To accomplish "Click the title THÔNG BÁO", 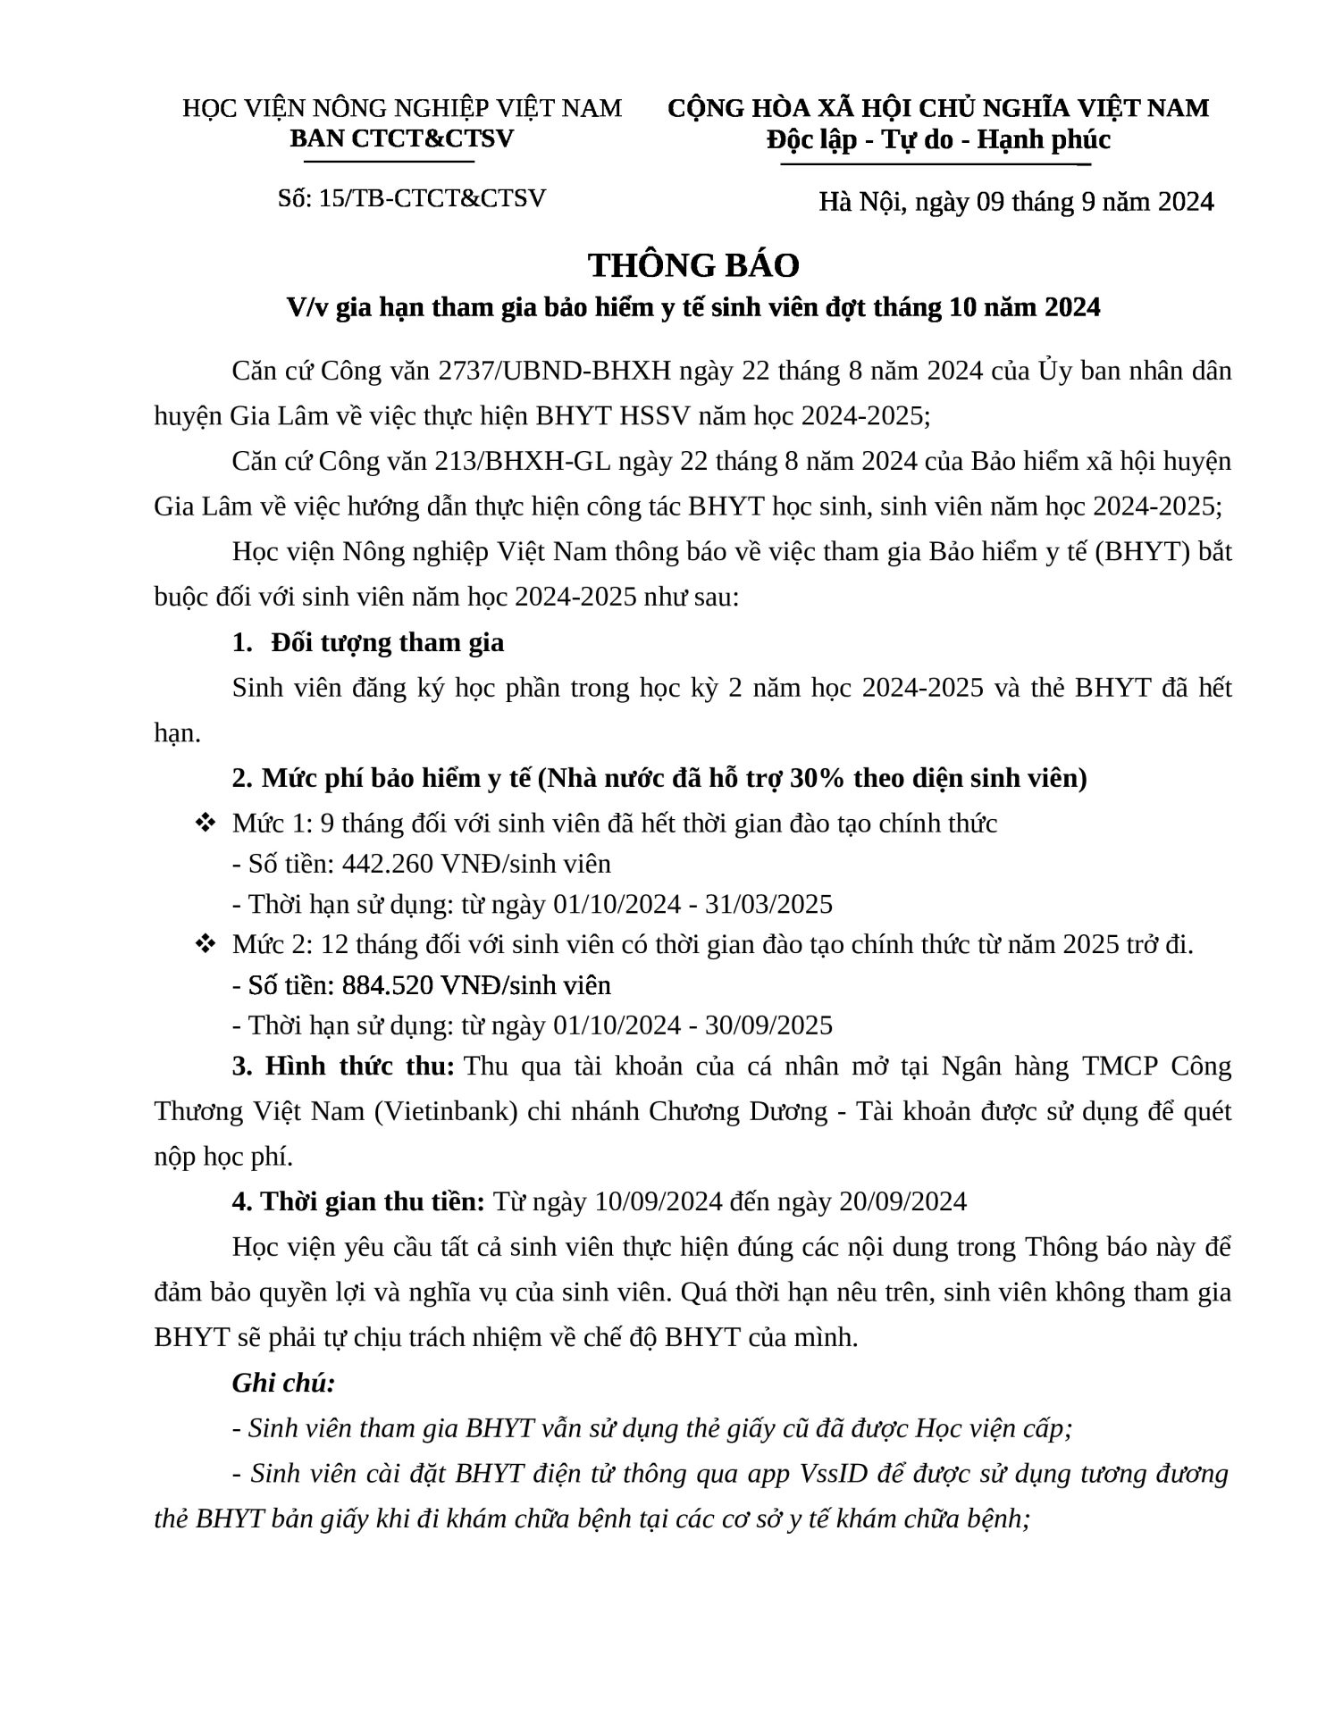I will [693, 265].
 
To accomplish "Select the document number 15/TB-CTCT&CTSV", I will [432, 197].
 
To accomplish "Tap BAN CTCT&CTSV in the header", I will [402, 139].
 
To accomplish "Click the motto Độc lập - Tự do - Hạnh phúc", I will [938, 140].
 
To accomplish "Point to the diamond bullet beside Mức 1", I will [204, 823].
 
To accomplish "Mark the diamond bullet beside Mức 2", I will [204, 944].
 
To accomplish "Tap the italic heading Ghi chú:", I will [284, 1383].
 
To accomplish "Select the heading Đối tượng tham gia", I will [388, 642].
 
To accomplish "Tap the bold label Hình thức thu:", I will [345, 1066].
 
